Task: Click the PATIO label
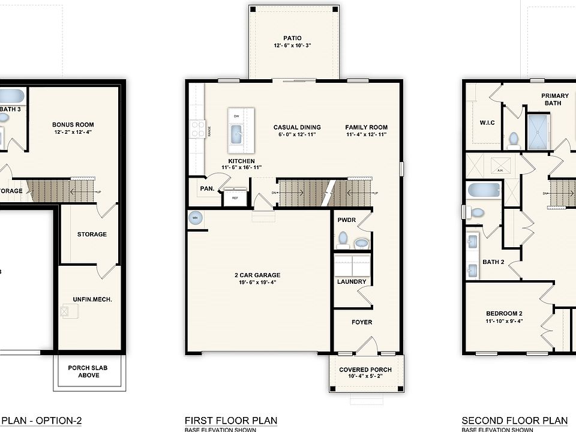click(292, 38)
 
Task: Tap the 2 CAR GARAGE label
click(257, 275)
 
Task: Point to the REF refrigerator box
click(235, 197)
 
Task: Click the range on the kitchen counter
click(197, 128)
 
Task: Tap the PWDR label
click(347, 220)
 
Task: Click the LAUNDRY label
click(351, 281)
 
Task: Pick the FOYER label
click(362, 322)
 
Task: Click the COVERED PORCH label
click(365, 370)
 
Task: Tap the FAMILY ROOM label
click(366, 127)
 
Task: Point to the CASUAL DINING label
click(297, 127)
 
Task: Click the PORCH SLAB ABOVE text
click(88, 371)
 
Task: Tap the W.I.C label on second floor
click(487, 123)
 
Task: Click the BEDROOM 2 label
click(504, 313)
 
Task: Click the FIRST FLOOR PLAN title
click(230, 420)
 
